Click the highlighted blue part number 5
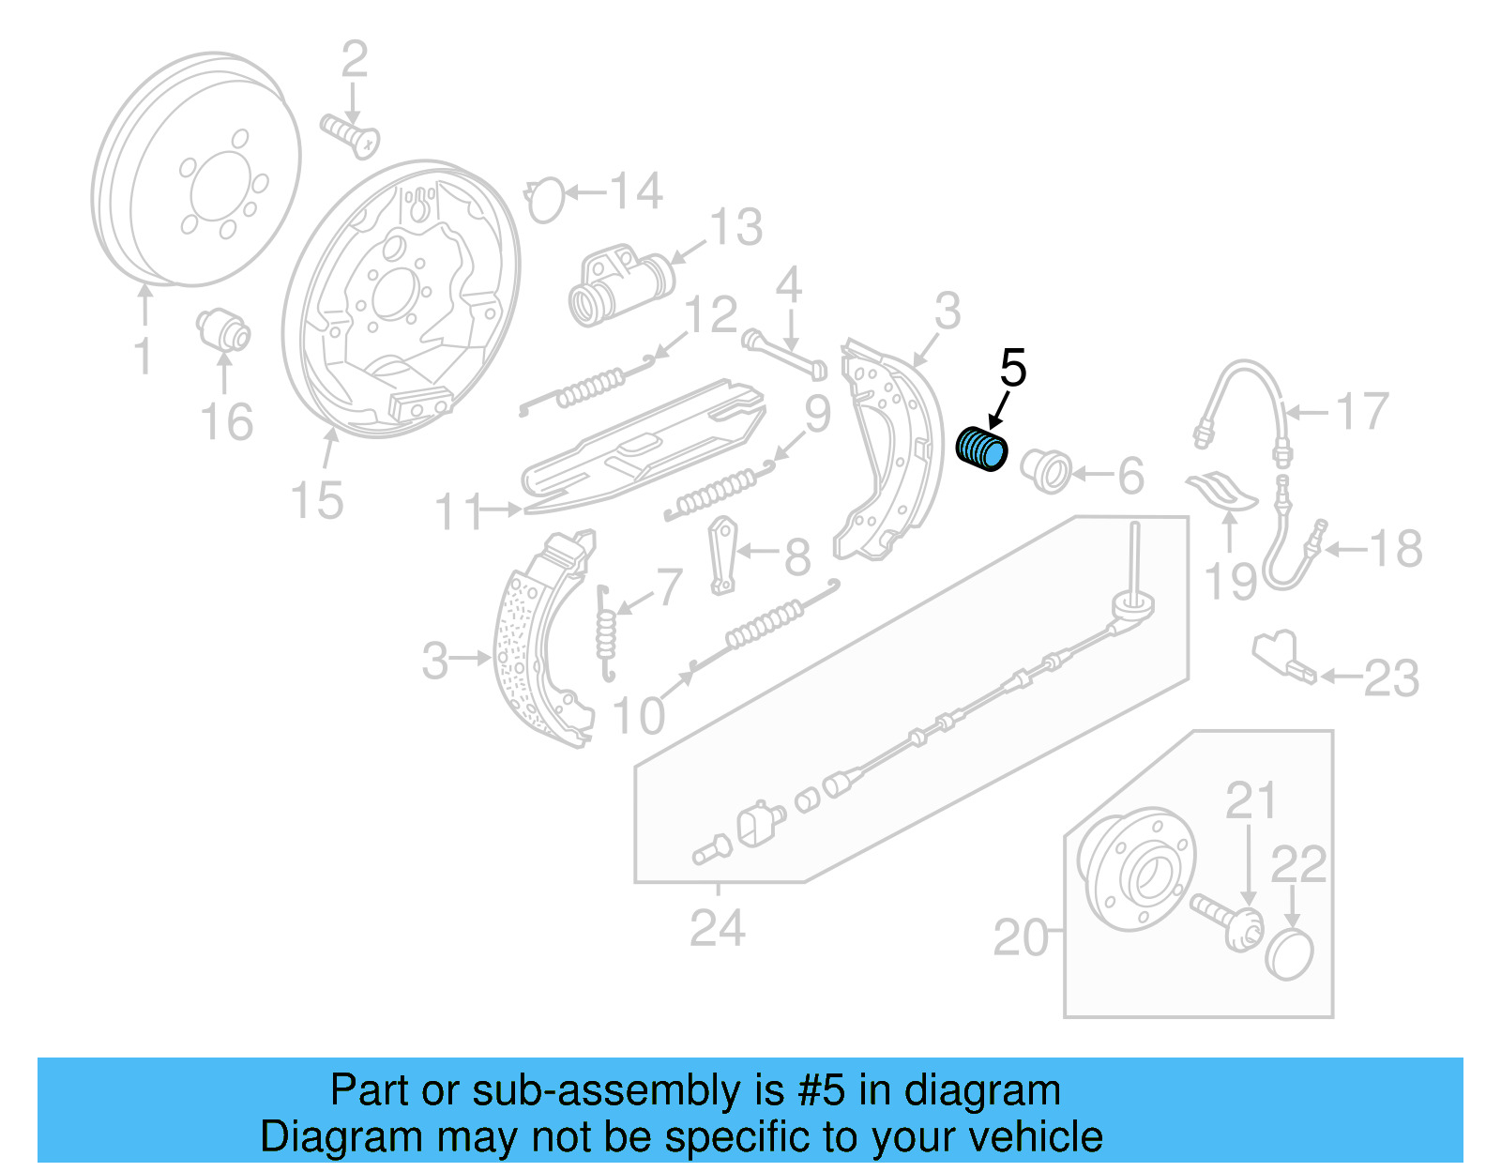point(981,449)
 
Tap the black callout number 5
point(1013,368)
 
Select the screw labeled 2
point(351,134)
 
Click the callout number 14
point(637,191)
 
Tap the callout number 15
point(316,500)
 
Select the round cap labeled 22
point(1290,954)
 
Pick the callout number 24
point(718,928)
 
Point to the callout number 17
point(1361,412)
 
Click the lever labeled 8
point(723,555)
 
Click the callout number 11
point(459,511)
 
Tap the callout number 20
point(1021,936)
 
